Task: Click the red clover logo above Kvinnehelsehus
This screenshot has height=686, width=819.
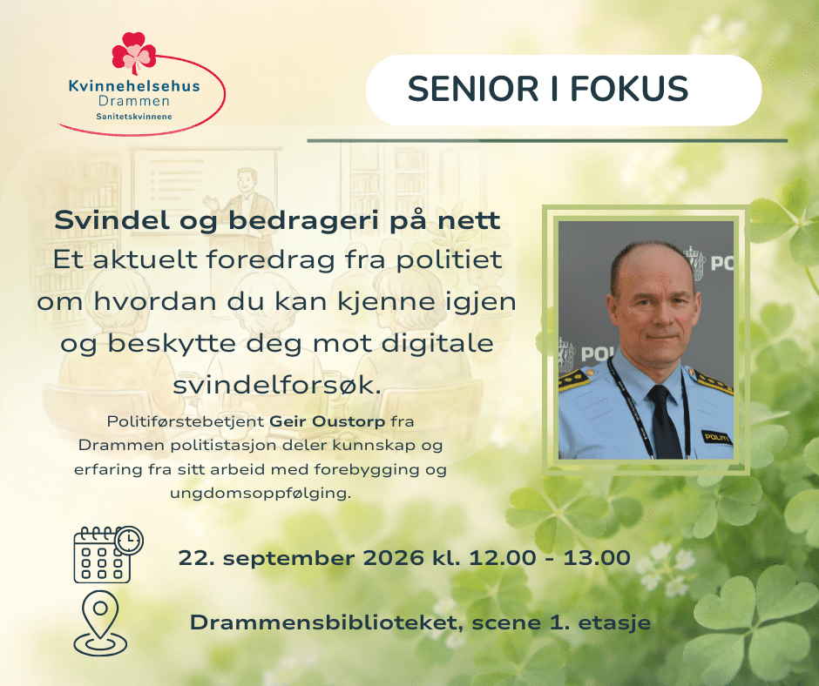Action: click(x=133, y=53)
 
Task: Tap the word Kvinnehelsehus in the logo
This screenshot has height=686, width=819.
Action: click(x=134, y=86)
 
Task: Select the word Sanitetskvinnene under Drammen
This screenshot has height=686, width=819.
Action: click(x=134, y=117)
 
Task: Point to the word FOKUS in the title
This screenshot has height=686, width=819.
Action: click(x=629, y=90)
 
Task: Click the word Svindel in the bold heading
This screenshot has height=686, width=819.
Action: click(x=112, y=219)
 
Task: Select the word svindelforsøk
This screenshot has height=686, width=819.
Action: click(x=276, y=386)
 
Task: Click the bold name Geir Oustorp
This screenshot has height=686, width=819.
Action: click(x=328, y=421)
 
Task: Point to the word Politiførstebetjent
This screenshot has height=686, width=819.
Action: click(x=186, y=421)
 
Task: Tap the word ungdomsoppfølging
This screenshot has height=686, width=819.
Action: click(x=261, y=494)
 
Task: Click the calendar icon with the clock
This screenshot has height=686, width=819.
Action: click(x=108, y=555)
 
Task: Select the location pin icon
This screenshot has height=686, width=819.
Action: click(x=100, y=623)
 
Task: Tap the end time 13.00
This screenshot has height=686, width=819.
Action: click(x=597, y=558)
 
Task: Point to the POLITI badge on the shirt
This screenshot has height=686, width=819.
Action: click(x=716, y=437)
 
